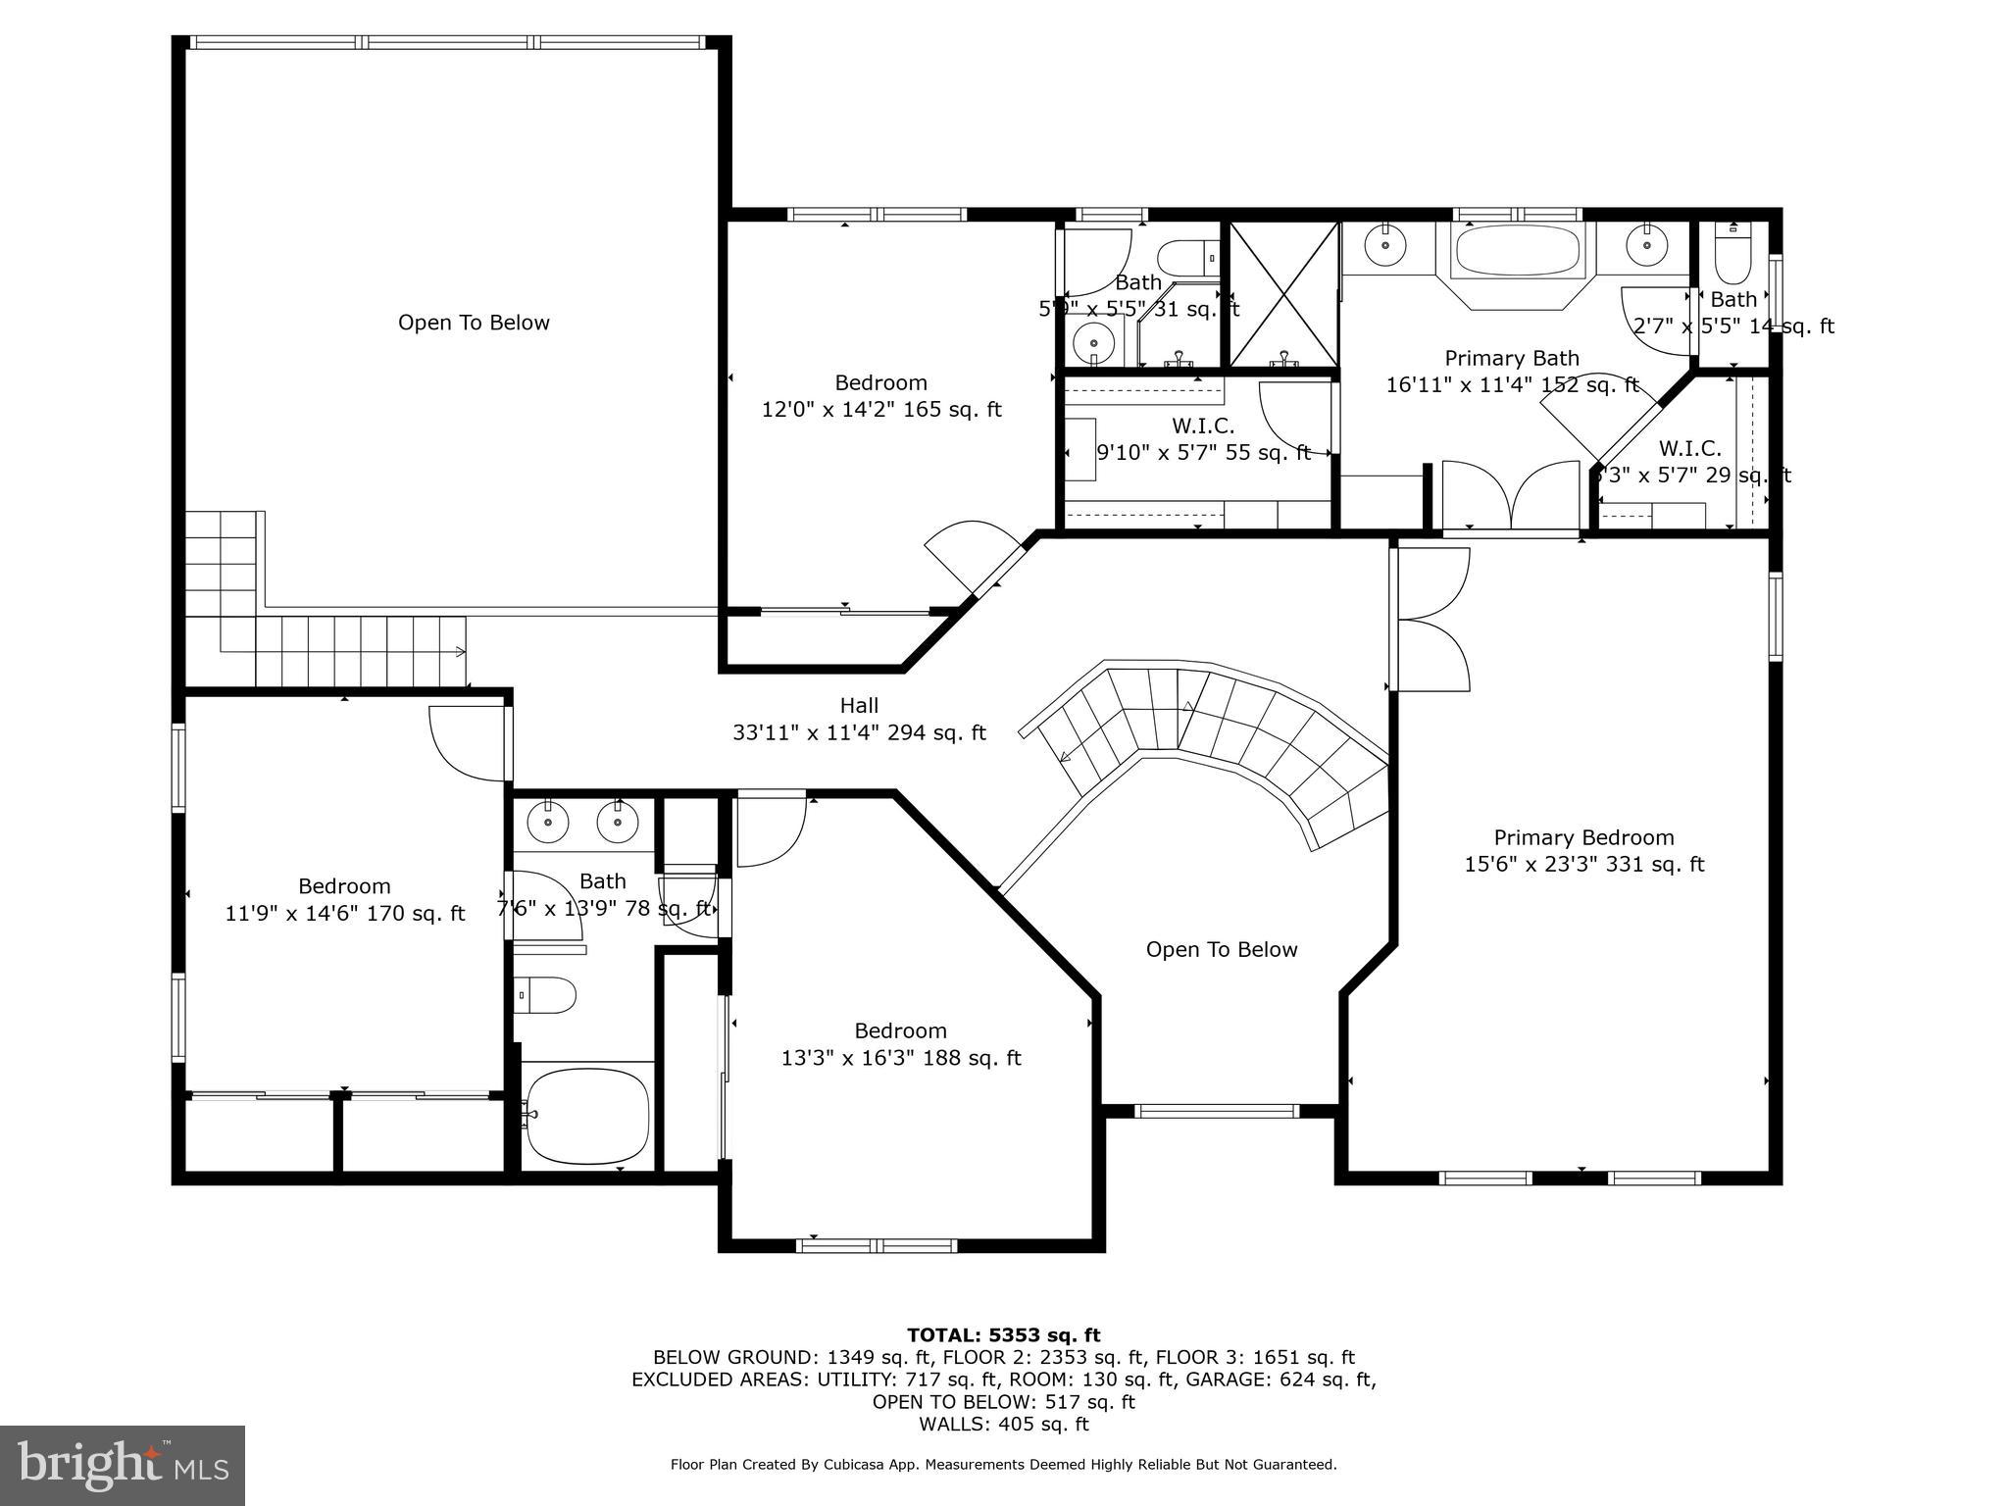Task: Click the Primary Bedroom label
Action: pyautogui.click(x=1583, y=837)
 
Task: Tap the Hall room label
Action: pyautogui.click(x=859, y=705)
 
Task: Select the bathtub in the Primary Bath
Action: pyautogui.click(x=1517, y=251)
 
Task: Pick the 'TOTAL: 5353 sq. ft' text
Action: pyautogui.click(x=1003, y=1334)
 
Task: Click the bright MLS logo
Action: pyautogui.click(x=123, y=1465)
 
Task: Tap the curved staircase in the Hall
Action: pyautogui.click(x=1216, y=735)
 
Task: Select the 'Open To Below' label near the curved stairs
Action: pyautogui.click(x=1221, y=949)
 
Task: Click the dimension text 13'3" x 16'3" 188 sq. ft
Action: pyautogui.click(x=900, y=1058)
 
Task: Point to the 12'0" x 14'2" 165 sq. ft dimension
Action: pyautogui.click(x=880, y=409)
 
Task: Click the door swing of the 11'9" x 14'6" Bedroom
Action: pyautogui.click(x=465, y=745)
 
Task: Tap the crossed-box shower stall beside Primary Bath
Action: pyautogui.click(x=1283, y=294)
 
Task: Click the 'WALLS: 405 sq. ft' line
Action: pyautogui.click(x=1003, y=1424)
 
